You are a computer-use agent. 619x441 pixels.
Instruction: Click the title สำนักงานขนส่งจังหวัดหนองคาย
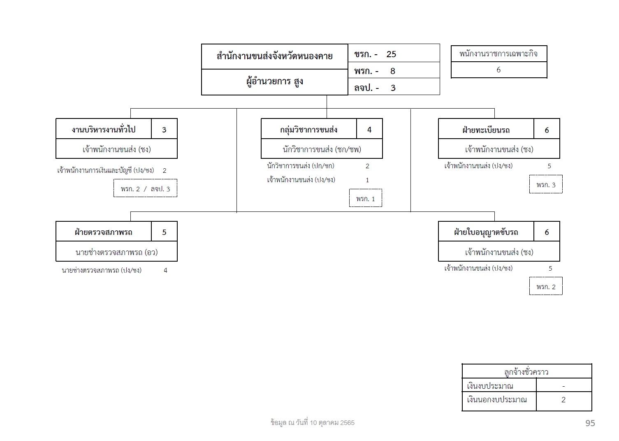pos(274,56)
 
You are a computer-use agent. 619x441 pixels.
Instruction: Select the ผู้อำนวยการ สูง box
pos(274,82)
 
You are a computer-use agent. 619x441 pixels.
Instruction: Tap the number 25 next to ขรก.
pos(391,54)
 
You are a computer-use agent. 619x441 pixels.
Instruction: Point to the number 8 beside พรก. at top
pos(393,71)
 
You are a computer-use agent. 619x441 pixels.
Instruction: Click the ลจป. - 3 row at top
pos(394,87)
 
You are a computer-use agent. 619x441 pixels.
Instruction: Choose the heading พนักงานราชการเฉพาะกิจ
pos(498,53)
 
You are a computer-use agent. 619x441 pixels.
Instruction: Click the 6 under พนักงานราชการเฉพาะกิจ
pos(498,70)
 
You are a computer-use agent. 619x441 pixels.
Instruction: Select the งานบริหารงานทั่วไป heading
pos(104,129)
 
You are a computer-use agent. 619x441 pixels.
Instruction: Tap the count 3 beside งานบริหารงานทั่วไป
pos(164,130)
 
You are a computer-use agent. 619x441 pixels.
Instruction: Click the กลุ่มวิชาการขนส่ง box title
pos(308,129)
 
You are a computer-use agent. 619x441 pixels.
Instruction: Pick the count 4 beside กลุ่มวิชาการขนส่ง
pos(369,130)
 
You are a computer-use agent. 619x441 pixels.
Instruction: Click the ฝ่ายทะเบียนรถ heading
pos(486,130)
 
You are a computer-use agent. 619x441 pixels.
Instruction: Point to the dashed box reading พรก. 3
pos(546,184)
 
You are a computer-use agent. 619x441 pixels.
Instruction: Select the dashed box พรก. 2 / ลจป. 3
pos(145,188)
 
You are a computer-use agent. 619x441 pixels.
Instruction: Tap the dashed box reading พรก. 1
pos(366,198)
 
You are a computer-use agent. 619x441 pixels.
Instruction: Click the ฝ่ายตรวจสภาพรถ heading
pos(104,232)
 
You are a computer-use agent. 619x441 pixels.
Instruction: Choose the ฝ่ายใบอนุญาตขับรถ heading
pos(486,232)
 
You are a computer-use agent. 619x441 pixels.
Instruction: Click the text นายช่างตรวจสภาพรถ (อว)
pos(117,252)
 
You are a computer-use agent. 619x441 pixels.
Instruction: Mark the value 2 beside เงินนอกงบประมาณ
pos(563,399)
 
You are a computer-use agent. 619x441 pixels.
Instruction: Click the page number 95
pos(590,423)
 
